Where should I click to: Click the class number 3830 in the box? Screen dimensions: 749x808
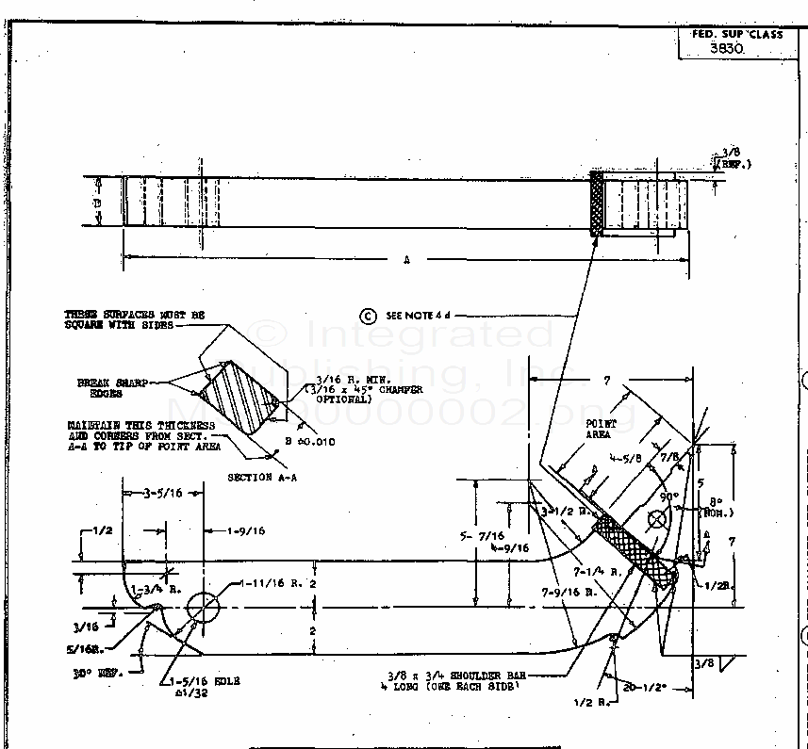tap(726, 50)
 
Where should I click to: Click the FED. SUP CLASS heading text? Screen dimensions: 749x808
tap(737, 34)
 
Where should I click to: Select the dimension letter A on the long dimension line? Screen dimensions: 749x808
tap(406, 261)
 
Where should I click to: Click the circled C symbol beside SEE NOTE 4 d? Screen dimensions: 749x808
tap(368, 316)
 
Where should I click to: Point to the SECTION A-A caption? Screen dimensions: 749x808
tap(262, 478)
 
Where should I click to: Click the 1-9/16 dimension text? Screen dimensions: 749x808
tap(246, 531)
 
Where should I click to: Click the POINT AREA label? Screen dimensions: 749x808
tap(600, 429)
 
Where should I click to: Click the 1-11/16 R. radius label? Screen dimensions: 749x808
tap(268, 584)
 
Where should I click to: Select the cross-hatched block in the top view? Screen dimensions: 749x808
tap(596, 203)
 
